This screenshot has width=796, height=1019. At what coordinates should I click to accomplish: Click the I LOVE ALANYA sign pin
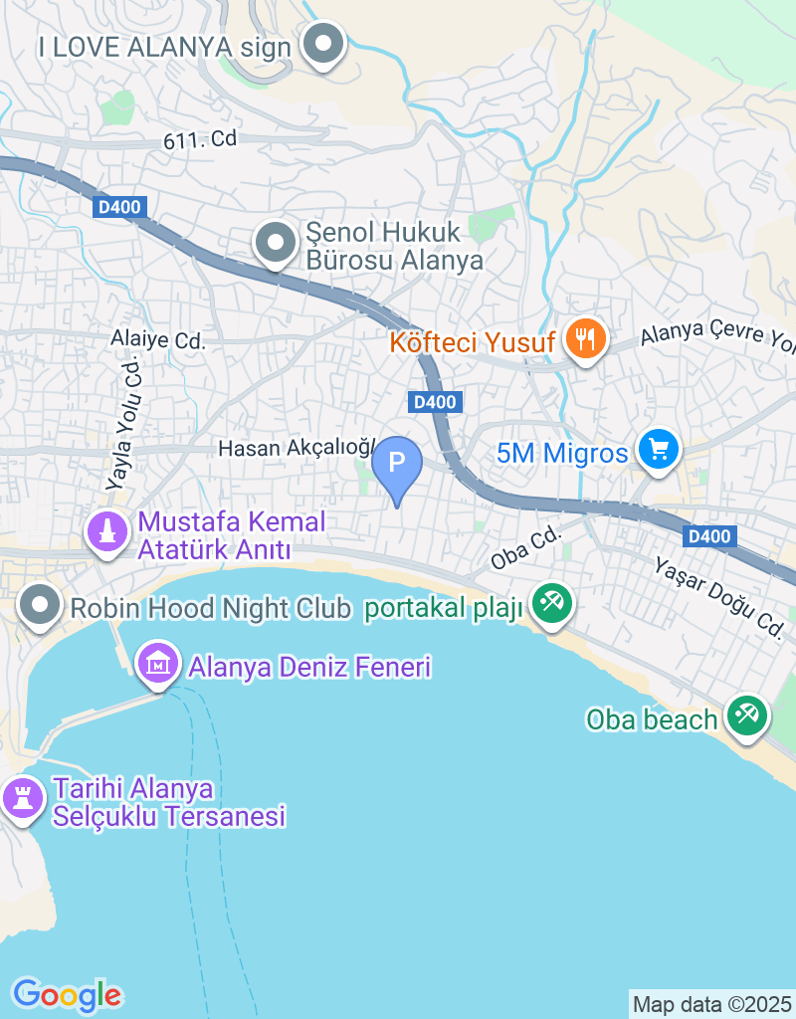(322, 44)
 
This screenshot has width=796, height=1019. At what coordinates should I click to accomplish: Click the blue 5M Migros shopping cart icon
(657, 450)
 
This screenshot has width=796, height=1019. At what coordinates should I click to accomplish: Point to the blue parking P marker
(397, 464)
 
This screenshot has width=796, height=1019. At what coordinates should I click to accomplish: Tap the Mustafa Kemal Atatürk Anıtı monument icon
(106, 531)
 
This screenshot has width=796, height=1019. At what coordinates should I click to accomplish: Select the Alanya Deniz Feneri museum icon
(158, 663)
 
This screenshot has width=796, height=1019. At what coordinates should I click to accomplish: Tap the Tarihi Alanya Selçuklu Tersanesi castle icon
(20, 798)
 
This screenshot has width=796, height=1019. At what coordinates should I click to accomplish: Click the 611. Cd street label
(200, 140)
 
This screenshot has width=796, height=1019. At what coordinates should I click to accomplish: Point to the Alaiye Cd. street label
(158, 340)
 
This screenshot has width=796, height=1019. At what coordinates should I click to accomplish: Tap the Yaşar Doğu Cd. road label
(719, 596)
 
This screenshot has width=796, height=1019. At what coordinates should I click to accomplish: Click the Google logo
(67, 994)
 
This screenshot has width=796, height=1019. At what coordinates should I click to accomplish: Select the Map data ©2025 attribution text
(711, 1004)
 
